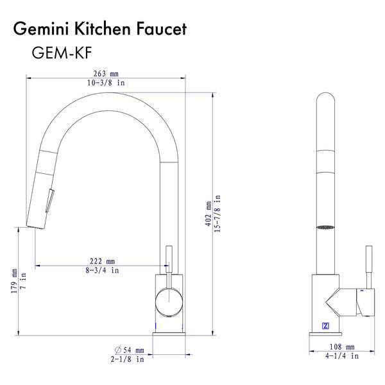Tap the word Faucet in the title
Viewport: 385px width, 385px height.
(161, 29)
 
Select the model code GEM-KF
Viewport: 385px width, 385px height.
(62, 53)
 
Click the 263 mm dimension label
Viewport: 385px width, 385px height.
(106, 74)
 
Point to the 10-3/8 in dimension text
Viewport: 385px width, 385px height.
(106, 83)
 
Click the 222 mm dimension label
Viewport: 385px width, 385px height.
(102, 261)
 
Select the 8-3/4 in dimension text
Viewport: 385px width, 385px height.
(102, 270)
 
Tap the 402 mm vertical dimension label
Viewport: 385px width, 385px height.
(208, 214)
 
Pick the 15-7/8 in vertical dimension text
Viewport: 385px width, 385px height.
(218, 214)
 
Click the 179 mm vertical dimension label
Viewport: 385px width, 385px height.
(14, 280)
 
